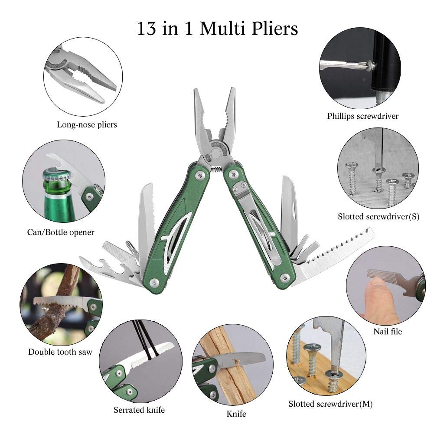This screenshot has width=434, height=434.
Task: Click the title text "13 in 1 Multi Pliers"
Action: [217, 29]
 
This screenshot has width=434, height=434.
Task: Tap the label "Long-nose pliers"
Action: [87, 125]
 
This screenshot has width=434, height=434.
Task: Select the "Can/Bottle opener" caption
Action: [61, 232]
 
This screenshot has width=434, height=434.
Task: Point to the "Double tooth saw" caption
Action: [60, 352]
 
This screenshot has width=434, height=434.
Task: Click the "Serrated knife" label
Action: [139, 410]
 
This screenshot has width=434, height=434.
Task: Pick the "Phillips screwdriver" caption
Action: [363, 116]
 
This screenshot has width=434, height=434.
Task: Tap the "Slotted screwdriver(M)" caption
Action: [330, 404]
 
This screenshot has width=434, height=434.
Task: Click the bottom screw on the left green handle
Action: [153, 282]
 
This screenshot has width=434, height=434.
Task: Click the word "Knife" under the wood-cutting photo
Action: [236, 414]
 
